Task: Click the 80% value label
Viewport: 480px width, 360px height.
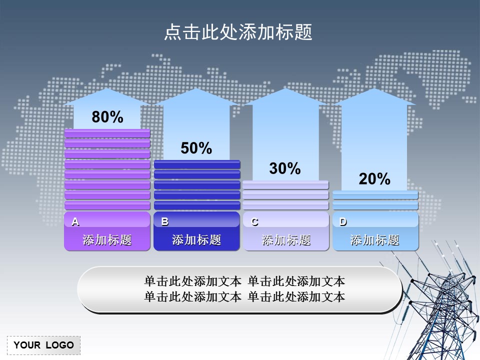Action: pos(107,117)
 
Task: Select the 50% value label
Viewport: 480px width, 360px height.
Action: pos(196,148)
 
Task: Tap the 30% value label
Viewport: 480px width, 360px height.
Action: pos(285,169)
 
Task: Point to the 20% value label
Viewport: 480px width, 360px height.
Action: pos(374,179)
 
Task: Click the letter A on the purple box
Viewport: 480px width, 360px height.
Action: pos(75,221)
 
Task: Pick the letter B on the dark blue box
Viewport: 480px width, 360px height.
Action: pos(165,221)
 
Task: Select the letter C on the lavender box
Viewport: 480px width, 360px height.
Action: pos(254,222)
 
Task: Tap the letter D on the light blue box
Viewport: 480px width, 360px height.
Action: pos(343,221)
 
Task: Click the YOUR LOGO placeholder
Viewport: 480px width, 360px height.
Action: pos(43,345)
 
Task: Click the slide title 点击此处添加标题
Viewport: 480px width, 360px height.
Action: pos(238,32)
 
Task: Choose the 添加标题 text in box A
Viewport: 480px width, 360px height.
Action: pos(107,240)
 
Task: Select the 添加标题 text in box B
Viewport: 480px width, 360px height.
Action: pos(196,240)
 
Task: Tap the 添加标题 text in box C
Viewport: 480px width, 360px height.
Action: pos(286,240)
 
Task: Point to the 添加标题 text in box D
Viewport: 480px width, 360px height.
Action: pos(374,240)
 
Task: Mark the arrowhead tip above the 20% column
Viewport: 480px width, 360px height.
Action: pos(374,90)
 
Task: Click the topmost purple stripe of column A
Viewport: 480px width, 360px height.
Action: pos(107,133)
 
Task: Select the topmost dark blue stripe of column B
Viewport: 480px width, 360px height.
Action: pos(197,164)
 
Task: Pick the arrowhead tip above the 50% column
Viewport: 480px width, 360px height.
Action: pos(196,90)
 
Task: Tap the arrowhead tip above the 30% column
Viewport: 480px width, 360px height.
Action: pos(285,90)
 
